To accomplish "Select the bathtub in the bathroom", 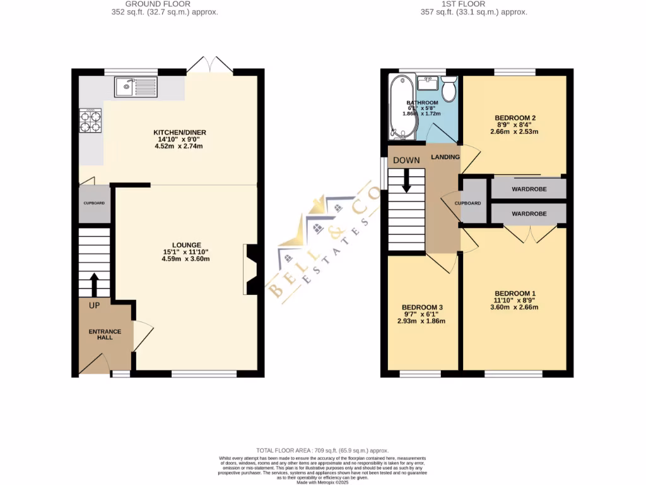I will (401, 106).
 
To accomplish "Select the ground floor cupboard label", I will (94, 203).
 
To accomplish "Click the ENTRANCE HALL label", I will (105, 334).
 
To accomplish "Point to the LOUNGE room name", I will (186, 245).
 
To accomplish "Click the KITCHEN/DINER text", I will (180, 132).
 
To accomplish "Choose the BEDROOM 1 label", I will (515, 293).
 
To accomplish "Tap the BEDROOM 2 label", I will (515, 118).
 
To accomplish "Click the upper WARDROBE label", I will (529, 189).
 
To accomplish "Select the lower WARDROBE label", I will (529, 214).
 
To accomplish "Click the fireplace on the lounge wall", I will (250, 270).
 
